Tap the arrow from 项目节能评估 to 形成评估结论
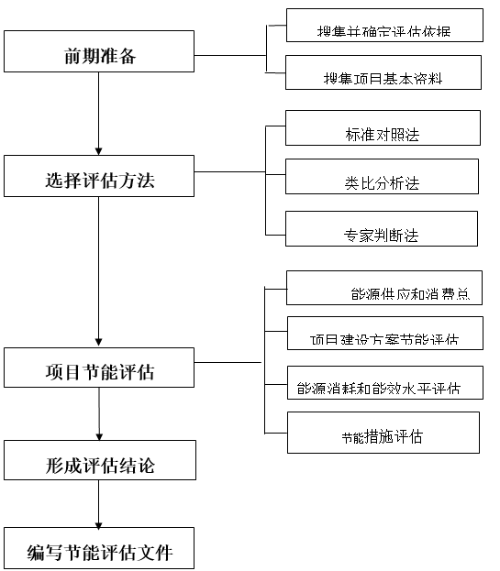[x=98, y=413]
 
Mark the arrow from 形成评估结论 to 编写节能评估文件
[x=98, y=503]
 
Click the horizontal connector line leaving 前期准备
[x=229, y=55]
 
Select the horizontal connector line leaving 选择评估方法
[x=229, y=170]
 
